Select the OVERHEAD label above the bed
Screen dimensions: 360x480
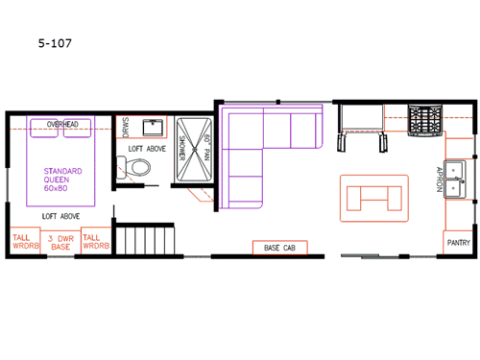tap(61, 124)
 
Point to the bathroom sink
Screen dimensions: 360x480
tap(154, 128)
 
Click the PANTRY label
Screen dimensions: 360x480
tap(459, 243)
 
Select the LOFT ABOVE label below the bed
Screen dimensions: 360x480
tap(60, 217)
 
